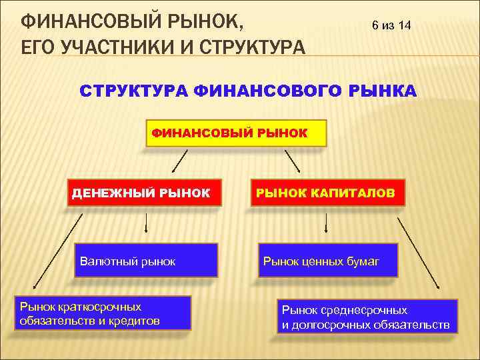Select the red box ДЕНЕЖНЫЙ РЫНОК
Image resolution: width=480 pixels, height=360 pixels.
(x=144, y=193)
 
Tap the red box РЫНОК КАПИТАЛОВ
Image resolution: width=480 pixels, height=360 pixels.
(x=327, y=193)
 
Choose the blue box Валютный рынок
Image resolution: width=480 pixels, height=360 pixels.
(x=146, y=261)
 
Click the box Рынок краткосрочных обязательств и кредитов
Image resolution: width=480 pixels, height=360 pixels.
(x=105, y=313)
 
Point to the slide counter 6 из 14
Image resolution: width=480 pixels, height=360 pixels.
(x=391, y=26)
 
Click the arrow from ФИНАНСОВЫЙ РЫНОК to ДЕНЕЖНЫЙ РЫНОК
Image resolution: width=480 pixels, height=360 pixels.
(x=175, y=161)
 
